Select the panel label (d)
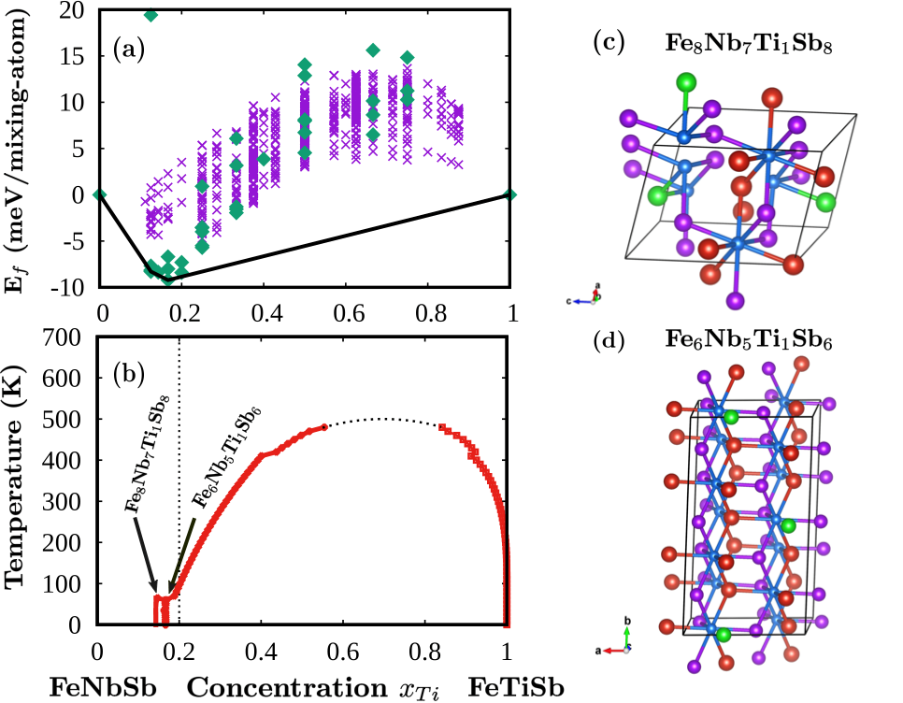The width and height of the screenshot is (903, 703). click(611, 341)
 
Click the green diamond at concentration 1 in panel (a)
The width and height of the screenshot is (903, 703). click(510, 194)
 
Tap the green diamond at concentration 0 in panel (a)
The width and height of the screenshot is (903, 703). click(100, 194)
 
